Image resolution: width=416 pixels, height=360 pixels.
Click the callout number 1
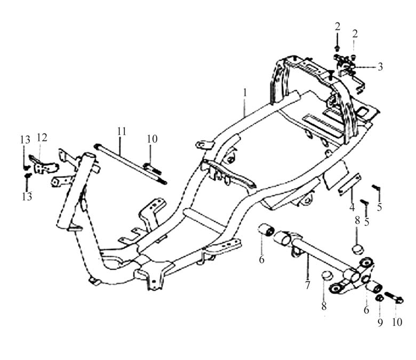click(245, 93)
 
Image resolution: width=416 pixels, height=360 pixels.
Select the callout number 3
click(380, 67)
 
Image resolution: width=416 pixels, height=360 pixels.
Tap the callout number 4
click(352, 207)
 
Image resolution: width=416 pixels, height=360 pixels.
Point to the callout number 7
click(308, 285)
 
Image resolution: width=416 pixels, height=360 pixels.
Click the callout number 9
click(380, 323)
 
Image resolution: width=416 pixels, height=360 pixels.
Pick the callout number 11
click(122, 131)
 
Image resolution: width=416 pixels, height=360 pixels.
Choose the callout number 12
click(42, 138)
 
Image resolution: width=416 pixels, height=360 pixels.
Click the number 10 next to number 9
click(397, 322)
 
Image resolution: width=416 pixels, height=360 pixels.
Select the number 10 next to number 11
click(153, 139)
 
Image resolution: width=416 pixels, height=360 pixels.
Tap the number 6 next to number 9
click(366, 309)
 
